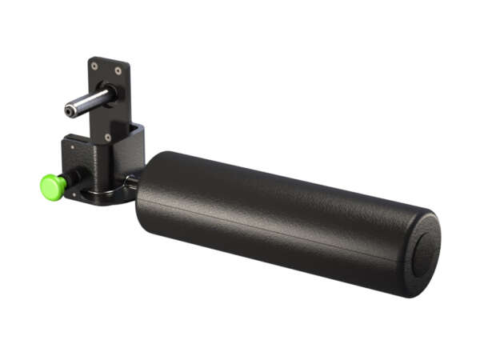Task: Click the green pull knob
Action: (53, 187)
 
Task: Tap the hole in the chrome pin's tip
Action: (70, 112)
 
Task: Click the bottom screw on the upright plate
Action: (108, 137)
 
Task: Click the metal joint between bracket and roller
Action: (130, 183)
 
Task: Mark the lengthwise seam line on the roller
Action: (280, 232)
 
